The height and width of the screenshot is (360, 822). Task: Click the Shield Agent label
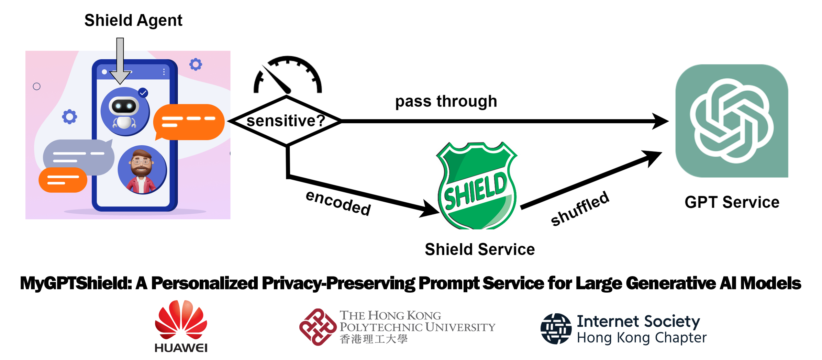coord(133,21)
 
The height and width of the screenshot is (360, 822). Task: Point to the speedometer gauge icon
coord(288,76)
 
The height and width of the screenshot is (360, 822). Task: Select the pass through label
coord(446,101)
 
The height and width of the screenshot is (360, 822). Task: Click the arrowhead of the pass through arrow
coord(660,121)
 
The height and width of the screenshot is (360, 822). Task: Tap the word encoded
coord(338,203)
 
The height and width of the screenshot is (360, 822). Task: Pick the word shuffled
coord(580,209)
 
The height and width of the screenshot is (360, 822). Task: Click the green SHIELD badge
coord(477,186)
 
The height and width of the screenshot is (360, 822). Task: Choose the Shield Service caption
coord(480,249)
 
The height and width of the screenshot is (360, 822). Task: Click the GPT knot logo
coord(732,121)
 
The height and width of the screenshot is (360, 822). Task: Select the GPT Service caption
coord(732,202)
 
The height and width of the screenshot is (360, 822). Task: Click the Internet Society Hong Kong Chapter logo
coord(624,329)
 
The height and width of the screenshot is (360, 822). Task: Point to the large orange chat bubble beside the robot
coord(189,122)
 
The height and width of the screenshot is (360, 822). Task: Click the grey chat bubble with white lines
coord(79,156)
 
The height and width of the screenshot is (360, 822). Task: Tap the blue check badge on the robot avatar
coord(143,93)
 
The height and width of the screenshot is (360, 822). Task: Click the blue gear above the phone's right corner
coord(196,64)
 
